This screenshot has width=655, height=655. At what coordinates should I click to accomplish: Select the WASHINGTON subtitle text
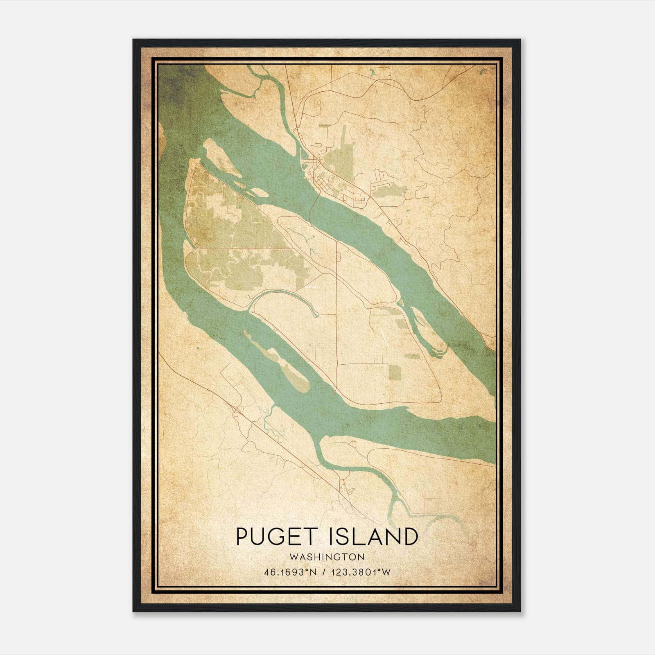click(x=327, y=557)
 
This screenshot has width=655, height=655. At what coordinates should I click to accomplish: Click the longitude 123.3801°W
click(x=362, y=572)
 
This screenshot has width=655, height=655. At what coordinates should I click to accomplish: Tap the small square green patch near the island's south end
click(x=395, y=371)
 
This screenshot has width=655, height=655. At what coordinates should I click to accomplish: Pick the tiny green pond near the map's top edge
click(x=373, y=73)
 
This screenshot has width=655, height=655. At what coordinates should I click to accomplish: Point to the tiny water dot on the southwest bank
click(x=197, y=348)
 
